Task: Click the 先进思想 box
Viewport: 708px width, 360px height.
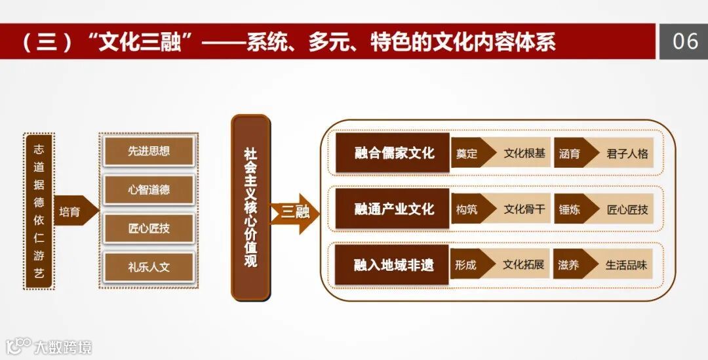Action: coord(149,151)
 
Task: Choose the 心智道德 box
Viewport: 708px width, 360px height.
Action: coord(149,190)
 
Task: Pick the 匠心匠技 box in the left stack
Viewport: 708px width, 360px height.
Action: coord(149,229)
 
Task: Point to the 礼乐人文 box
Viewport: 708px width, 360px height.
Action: coord(149,267)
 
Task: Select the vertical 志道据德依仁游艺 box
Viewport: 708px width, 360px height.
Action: coord(39,211)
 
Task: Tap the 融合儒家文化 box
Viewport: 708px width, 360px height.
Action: coord(393,153)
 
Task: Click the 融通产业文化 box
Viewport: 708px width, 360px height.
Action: coord(393,209)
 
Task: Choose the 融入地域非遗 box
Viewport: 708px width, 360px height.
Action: coord(393,265)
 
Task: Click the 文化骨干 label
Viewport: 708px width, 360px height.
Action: coord(524,210)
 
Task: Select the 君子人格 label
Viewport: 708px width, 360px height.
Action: coord(627,154)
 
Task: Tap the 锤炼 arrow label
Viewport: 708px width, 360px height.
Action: coord(570,210)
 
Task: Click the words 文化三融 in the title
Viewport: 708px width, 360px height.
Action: coord(140,42)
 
